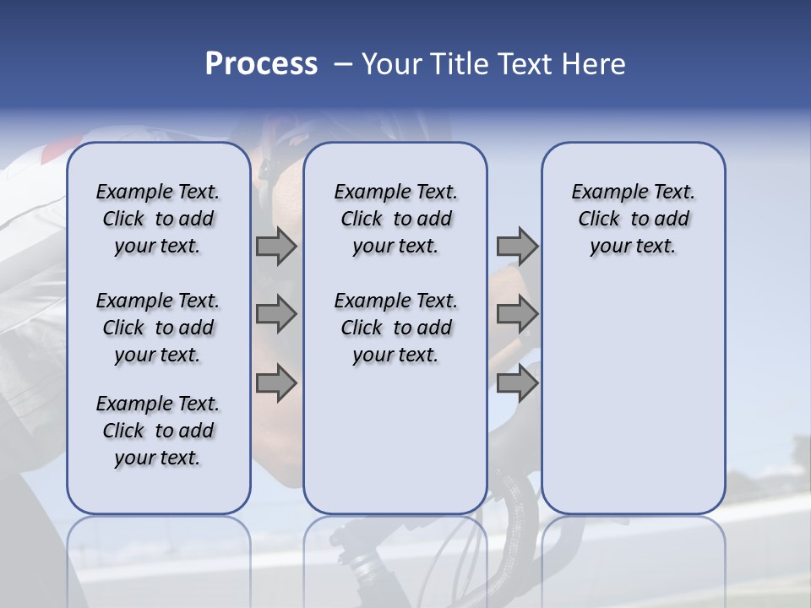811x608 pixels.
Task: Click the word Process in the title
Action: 261,64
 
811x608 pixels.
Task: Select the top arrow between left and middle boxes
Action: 275,246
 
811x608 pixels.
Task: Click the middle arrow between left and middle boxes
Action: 275,314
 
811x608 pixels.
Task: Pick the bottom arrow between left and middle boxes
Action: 275,383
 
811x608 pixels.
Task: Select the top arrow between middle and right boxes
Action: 517,246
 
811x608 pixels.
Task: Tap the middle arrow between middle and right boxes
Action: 517,314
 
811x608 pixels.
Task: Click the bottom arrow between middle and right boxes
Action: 517,383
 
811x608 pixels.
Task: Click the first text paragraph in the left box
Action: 158,219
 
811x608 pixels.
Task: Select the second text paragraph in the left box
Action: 158,328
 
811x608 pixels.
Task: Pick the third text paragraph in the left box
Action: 158,431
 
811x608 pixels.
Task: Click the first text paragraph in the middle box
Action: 395,219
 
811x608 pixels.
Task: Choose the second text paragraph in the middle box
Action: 395,328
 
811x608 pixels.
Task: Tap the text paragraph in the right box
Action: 634,219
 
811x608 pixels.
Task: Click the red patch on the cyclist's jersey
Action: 52,153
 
